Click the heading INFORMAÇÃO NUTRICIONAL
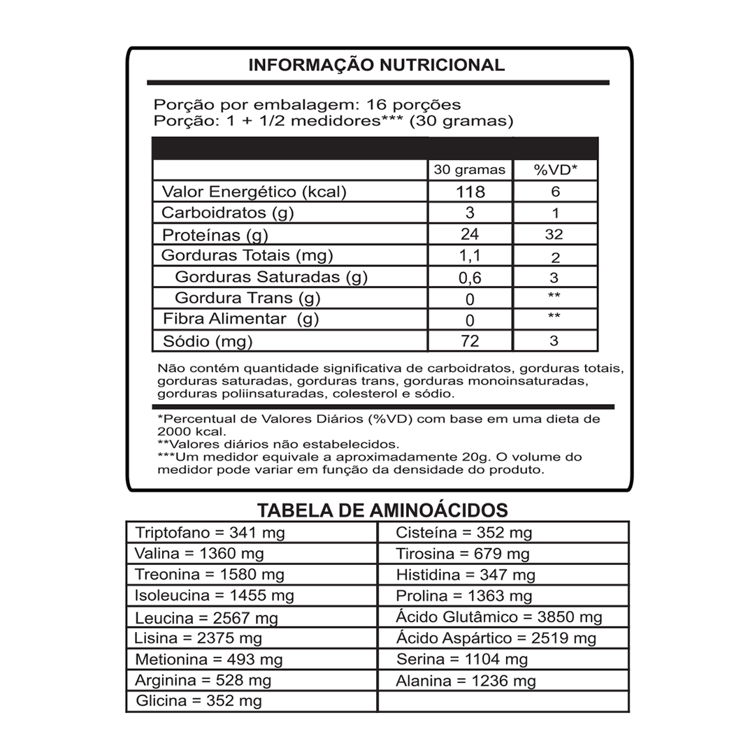point(377,65)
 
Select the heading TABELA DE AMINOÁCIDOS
point(383,510)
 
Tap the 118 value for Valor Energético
point(470,192)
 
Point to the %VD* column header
point(555,170)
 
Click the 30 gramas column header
point(469,170)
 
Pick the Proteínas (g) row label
point(215,235)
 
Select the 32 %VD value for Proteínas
point(554,235)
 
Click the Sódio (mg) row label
point(207,342)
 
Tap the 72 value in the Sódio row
point(470,341)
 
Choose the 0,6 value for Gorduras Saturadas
point(470,278)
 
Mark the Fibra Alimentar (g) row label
point(240,320)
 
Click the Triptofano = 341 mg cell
point(210,533)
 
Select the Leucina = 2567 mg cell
point(206,618)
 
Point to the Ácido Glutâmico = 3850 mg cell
point(499,617)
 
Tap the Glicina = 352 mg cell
point(199,701)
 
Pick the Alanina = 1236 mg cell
point(466,681)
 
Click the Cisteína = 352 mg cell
point(464,533)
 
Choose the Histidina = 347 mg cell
point(466,575)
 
